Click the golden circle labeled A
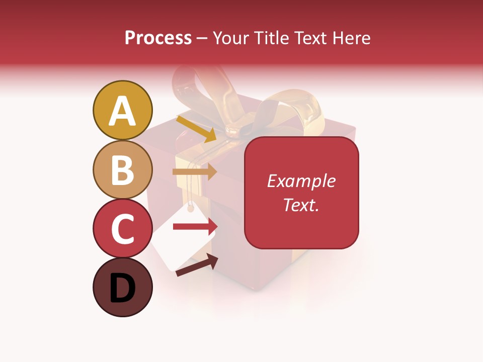coord(122,111)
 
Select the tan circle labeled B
coord(122,170)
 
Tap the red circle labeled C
coord(122,228)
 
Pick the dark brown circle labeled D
coord(122,287)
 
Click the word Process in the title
coord(158,38)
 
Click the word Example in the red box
coord(301,181)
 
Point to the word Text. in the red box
coord(301,205)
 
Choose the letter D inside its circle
coord(122,288)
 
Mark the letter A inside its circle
coord(122,112)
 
